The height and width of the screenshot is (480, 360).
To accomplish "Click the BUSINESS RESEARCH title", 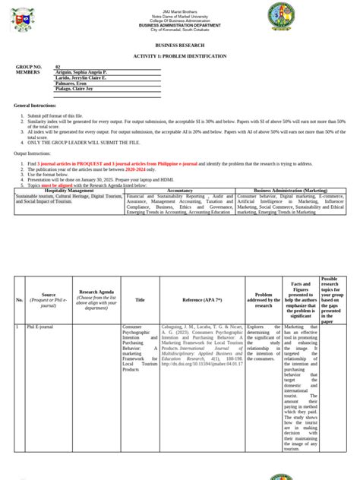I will [x=181, y=46].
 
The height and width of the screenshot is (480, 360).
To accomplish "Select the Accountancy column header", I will [x=180, y=190].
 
